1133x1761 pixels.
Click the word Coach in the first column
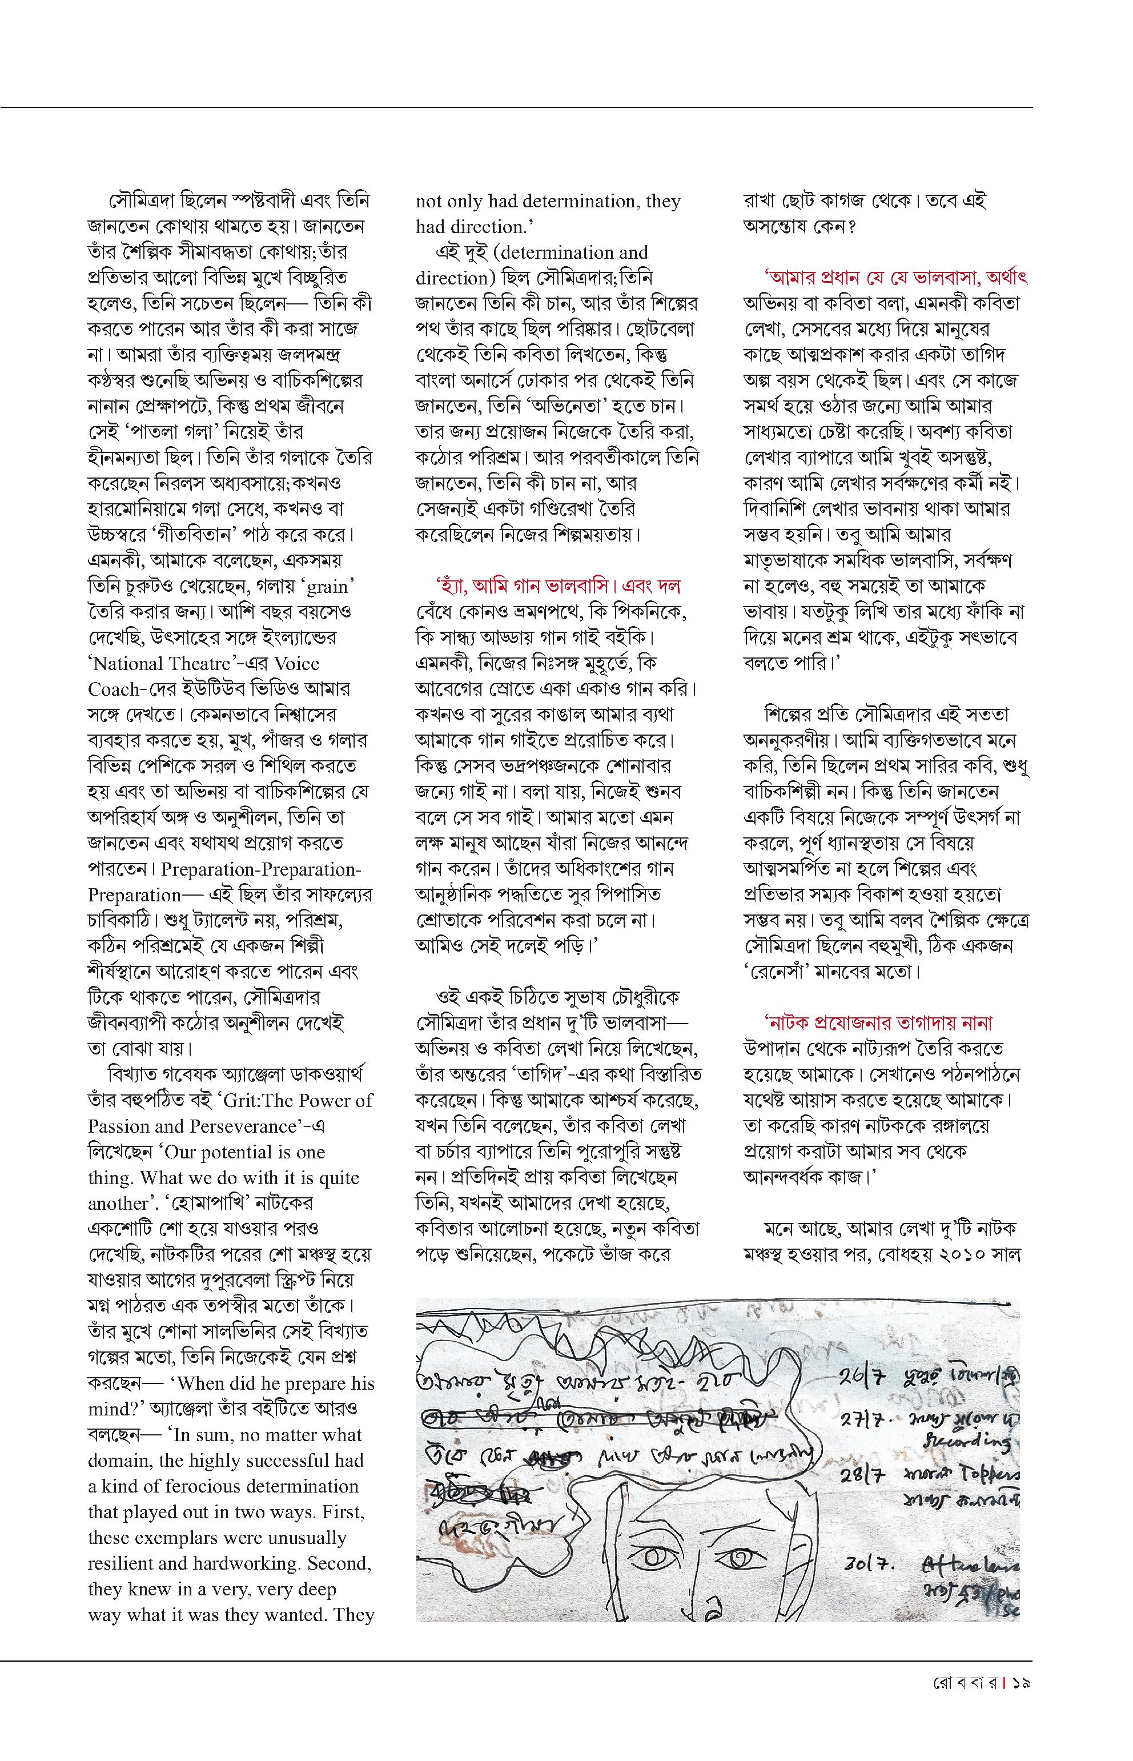point(114,689)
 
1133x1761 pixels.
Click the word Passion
point(120,1126)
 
